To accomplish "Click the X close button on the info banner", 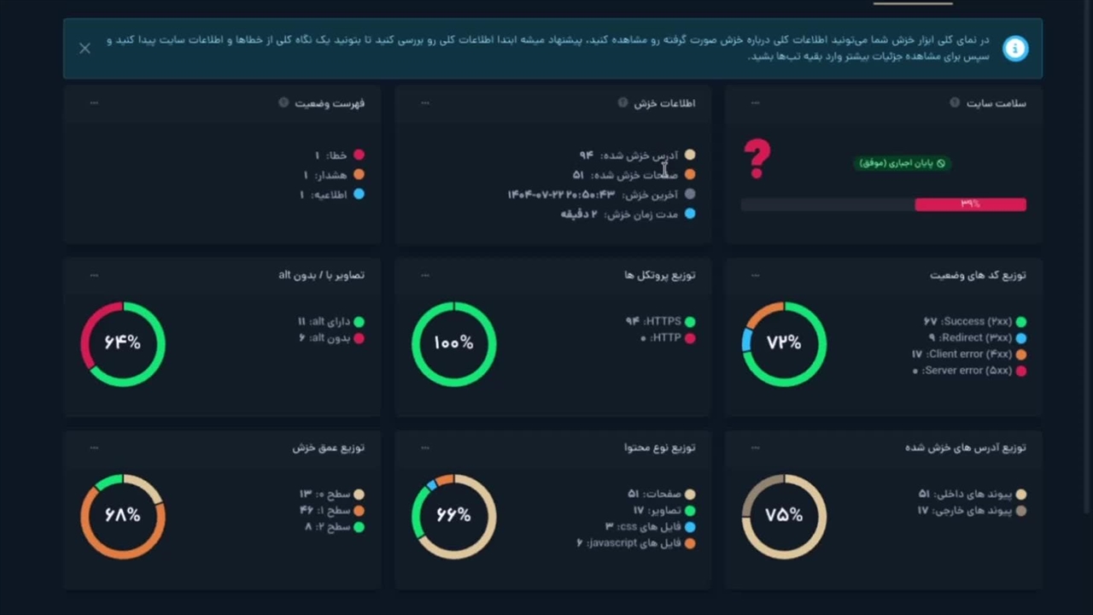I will pyautogui.click(x=85, y=49).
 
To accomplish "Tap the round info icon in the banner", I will pyautogui.click(x=1015, y=49).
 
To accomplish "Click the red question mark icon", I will pyautogui.click(x=757, y=159).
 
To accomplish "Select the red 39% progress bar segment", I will pyautogui.click(x=970, y=204).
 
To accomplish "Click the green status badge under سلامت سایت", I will pyautogui.click(x=903, y=162).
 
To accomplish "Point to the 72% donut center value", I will pyautogui.click(x=784, y=343).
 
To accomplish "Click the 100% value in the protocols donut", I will pyautogui.click(x=453, y=343).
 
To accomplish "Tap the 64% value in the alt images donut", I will pyautogui.click(x=122, y=343).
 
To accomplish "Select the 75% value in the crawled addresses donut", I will pyautogui.click(x=784, y=515).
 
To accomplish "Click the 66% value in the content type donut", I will pyautogui.click(x=453, y=515).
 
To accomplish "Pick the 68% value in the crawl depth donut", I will pyautogui.click(x=122, y=515).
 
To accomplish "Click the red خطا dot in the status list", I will pyautogui.click(x=359, y=155).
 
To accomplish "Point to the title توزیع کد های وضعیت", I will pyautogui.click(x=978, y=275).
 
